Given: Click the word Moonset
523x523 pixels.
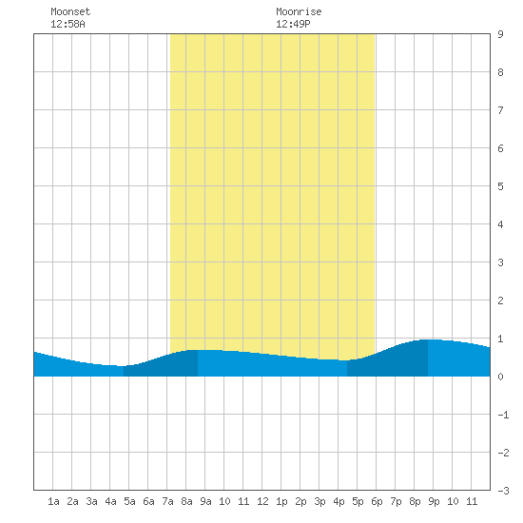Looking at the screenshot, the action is pyautogui.click(x=70, y=11).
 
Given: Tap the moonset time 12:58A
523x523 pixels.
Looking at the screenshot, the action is pyautogui.click(x=68, y=24).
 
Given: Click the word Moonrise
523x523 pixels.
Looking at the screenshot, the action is pyautogui.click(x=299, y=11).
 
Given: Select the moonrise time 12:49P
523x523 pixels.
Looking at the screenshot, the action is pyautogui.click(x=293, y=24).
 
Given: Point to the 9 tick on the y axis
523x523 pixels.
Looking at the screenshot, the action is pyautogui.click(x=500, y=34).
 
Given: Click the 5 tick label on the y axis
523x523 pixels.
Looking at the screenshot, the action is pyautogui.click(x=500, y=186).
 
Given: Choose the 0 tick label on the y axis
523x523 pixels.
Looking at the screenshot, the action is pyautogui.click(x=500, y=377).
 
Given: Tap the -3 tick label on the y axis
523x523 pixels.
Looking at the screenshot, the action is pyautogui.click(x=503, y=491).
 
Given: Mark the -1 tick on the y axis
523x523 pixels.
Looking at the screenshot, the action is pyautogui.click(x=503, y=415).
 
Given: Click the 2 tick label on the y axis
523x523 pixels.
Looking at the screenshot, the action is pyautogui.click(x=500, y=300).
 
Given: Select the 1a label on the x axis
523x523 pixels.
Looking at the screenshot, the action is pyautogui.click(x=53, y=501).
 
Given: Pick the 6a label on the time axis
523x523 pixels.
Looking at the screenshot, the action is pyautogui.click(x=148, y=501).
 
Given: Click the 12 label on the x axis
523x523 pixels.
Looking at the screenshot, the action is pyautogui.click(x=262, y=501).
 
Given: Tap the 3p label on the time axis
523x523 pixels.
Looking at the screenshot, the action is pyautogui.click(x=320, y=501).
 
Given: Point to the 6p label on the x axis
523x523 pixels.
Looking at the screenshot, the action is pyautogui.click(x=377, y=501).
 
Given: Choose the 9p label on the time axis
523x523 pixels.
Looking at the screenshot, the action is pyautogui.click(x=434, y=501).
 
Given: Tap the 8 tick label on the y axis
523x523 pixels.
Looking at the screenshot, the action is pyautogui.click(x=500, y=72).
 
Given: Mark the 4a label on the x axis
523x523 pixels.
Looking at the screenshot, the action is pyautogui.click(x=110, y=501).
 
